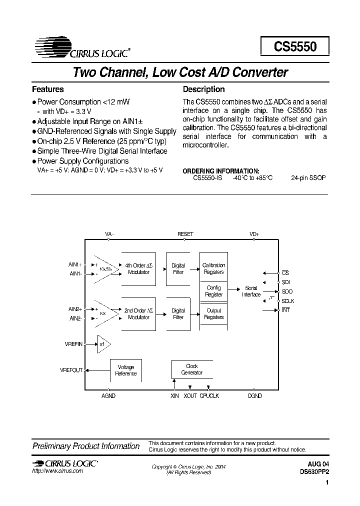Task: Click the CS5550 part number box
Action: (295, 46)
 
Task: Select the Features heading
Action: (48, 89)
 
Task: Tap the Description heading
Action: (203, 89)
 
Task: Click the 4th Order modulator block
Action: (138, 268)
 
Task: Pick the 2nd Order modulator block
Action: (138, 314)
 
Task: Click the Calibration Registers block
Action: (213, 269)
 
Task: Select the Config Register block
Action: (213, 291)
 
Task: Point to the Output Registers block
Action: (213, 314)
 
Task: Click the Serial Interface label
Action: (251, 291)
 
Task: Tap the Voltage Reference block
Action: (126, 370)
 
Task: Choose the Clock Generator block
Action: (191, 369)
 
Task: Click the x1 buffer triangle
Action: (103, 344)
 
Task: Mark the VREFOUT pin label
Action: (71, 370)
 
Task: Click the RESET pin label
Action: (185, 234)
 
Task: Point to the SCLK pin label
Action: (287, 301)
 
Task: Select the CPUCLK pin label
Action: (209, 395)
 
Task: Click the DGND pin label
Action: (254, 395)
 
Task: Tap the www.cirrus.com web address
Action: (57, 471)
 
